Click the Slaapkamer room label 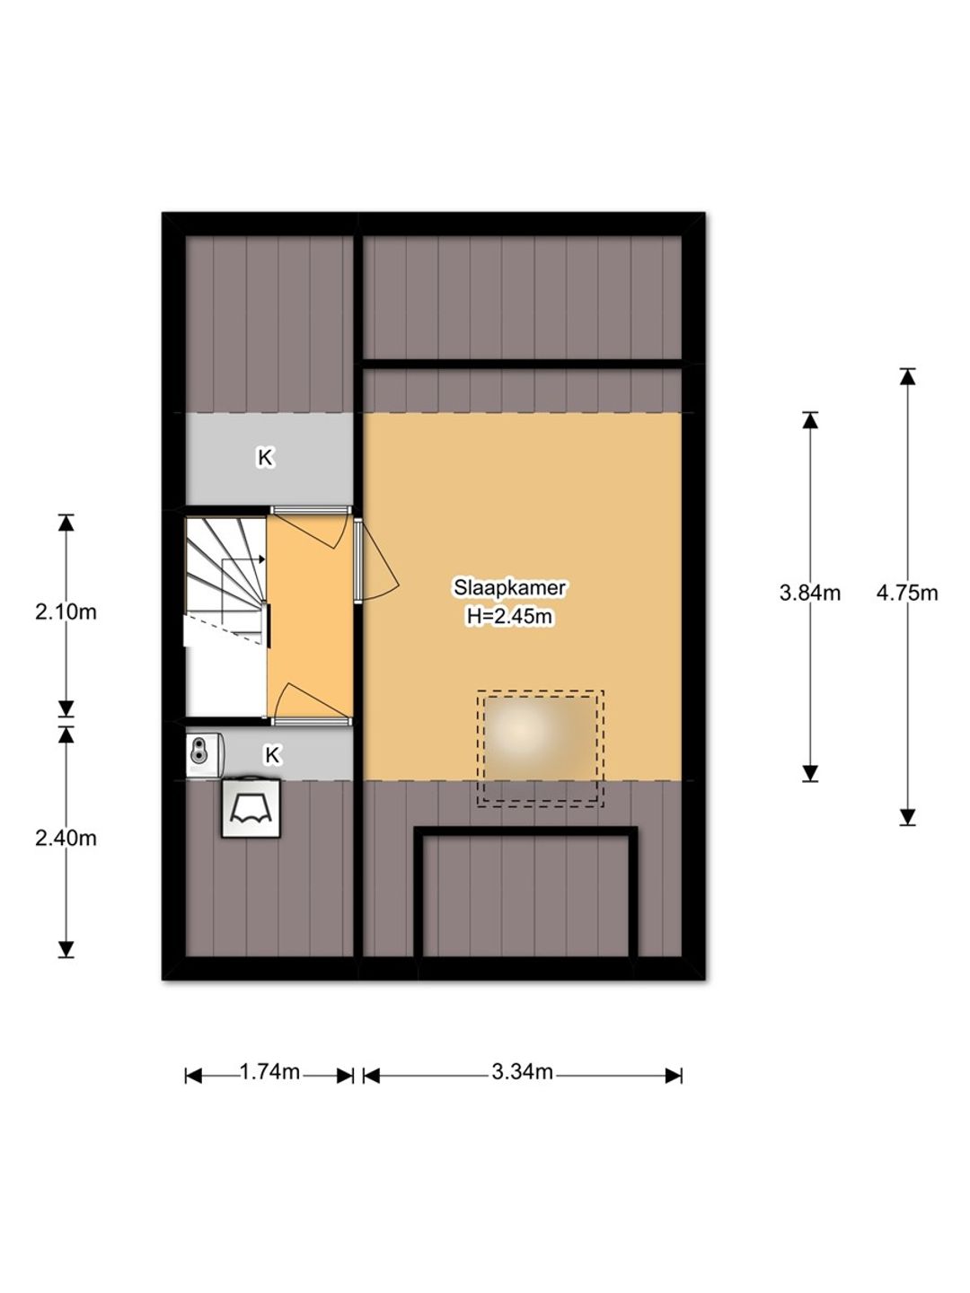(x=509, y=587)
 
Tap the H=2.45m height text (x=509, y=616)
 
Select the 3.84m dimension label (x=809, y=593)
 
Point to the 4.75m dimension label (x=906, y=593)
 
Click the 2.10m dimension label (x=66, y=612)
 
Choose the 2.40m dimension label (x=66, y=838)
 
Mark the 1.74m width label (x=269, y=1071)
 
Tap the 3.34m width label (x=522, y=1071)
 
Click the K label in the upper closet (x=266, y=457)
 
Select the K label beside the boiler (x=272, y=754)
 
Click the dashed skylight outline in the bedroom (x=540, y=691)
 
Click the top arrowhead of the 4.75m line (x=907, y=376)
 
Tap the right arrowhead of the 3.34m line (x=674, y=1077)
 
